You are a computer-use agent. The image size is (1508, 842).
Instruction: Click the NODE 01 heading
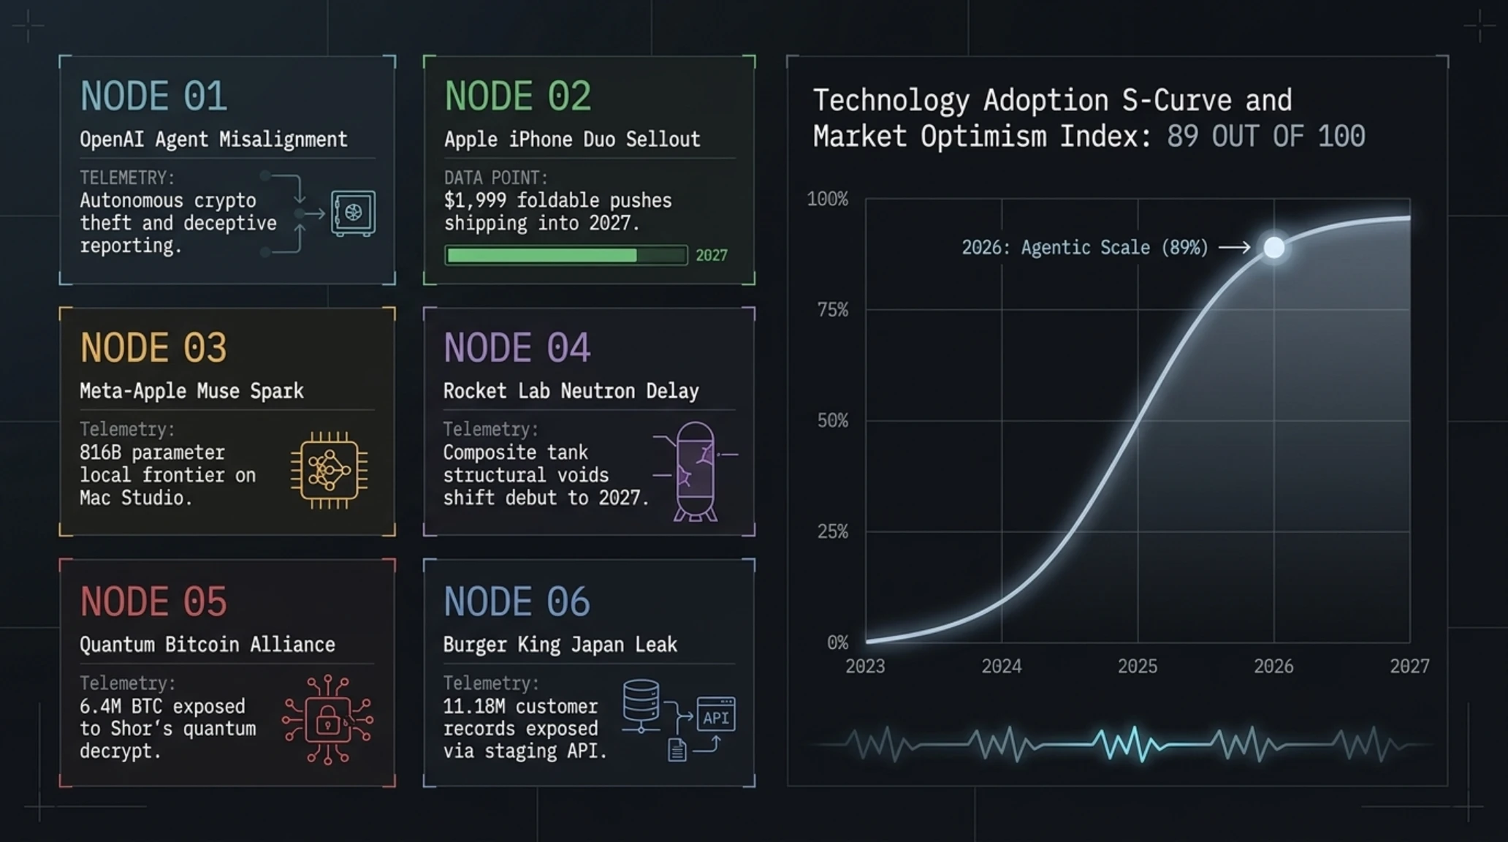(x=153, y=96)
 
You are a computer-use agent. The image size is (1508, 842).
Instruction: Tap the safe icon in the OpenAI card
(x=353, y=213)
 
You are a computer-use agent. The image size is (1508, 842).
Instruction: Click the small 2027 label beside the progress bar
(x=711, y=255)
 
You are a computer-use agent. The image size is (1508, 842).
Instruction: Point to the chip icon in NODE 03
(x=329, y=470)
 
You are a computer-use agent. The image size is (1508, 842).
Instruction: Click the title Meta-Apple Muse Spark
(x=191, y=391)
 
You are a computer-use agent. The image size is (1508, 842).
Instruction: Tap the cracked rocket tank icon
(x=695, y=471)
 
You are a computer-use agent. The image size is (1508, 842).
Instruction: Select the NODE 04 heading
(x=517, y=348)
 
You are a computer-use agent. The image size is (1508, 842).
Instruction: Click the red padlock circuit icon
(x=327, y=720)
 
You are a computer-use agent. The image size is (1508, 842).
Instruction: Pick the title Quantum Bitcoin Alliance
(x=207, y=645)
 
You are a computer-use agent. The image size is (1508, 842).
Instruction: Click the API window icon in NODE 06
(x=716, y=714)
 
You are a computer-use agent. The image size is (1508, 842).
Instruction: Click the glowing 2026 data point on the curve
(x=1274, y=248)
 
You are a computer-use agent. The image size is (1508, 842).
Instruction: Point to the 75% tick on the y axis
(x=833, y=310)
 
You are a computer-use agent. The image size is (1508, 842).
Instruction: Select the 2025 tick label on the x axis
(x=1138, y=667)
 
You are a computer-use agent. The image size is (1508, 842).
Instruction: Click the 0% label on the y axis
(x=838, y=643)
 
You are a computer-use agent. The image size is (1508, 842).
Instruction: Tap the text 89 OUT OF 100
(x=1265, y=137)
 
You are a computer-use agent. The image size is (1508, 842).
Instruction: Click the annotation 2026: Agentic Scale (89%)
(x=1085, y=248)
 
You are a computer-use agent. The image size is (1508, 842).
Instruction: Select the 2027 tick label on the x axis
(x=1410, y=667)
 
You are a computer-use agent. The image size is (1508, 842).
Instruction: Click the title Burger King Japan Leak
(x=560, y=645)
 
